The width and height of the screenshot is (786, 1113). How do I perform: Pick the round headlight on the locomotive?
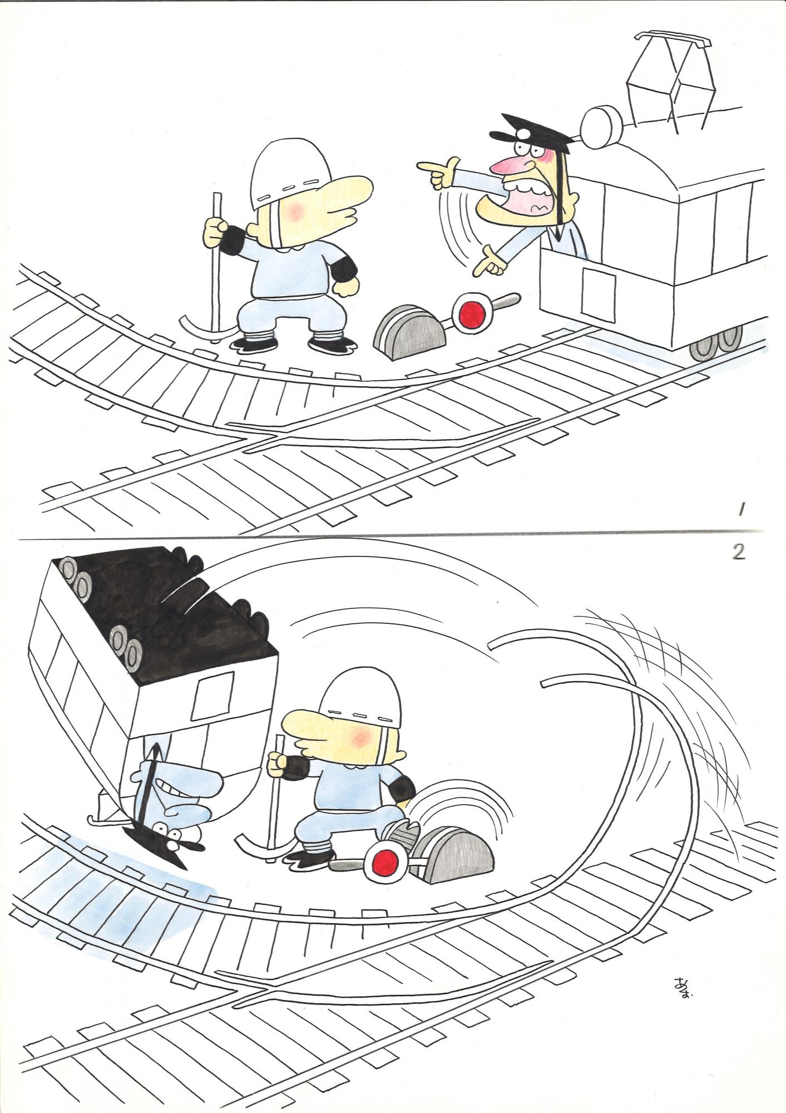[600, 122]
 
